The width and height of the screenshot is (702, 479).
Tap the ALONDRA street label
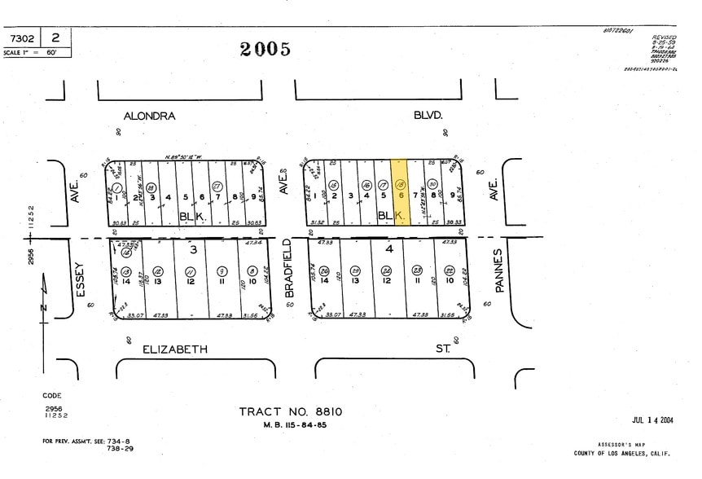(149, 116)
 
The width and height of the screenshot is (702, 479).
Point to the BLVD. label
(428, 116)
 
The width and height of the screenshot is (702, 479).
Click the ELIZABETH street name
(175, 349)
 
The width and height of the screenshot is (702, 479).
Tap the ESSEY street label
(79, 280)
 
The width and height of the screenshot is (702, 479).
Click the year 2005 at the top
(265, 50)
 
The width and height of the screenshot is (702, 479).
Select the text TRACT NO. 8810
(290, 411)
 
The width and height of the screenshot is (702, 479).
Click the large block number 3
(194, 249)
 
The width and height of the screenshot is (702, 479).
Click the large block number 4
(389, 248)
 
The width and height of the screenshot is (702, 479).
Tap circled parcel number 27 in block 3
(217, 186)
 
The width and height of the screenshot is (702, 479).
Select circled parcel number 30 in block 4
(432, 184)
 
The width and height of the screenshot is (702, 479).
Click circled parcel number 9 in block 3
(222, 270)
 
